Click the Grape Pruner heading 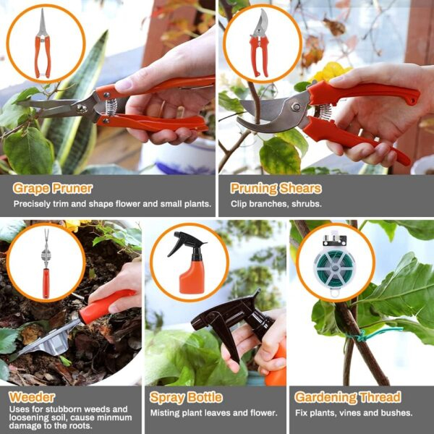53,189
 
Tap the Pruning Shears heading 276,189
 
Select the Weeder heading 32,397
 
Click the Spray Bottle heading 186,397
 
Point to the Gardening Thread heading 348,397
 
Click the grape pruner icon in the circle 43,43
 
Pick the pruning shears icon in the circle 260,43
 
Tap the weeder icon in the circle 46,263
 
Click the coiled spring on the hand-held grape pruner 111,107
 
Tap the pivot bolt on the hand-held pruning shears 297,107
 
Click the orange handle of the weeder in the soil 106,306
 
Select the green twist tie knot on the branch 359,336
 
